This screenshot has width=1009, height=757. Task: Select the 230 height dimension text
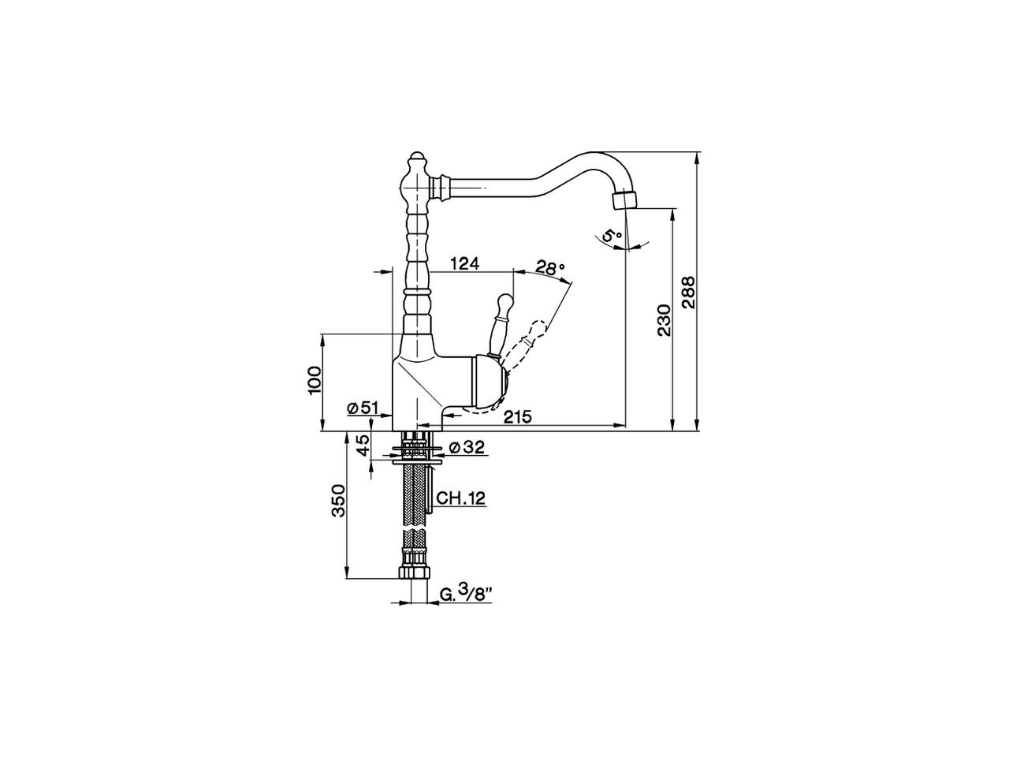pyautogui.click(x=663, y=320)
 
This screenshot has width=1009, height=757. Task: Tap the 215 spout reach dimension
pyautogui.click(x=517, y=416)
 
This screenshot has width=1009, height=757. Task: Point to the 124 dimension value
pyautogui.click(x=465, y=263)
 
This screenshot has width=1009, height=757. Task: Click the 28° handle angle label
pyautogui.click(x=550, y=267)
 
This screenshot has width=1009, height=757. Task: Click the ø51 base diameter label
pyautogui.click(x=363, y=407)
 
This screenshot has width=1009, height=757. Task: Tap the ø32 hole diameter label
pyautogui.click(x=466, y=448)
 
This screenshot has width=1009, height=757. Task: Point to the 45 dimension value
pyautogui.click(x=363, y=446)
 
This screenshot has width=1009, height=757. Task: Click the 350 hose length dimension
pyautogui.click(x=338, y=501)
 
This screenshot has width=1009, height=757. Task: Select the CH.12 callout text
pyautogui.click(x=461, y=498)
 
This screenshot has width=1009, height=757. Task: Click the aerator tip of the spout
pyautogui.click(x=624, y=199)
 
